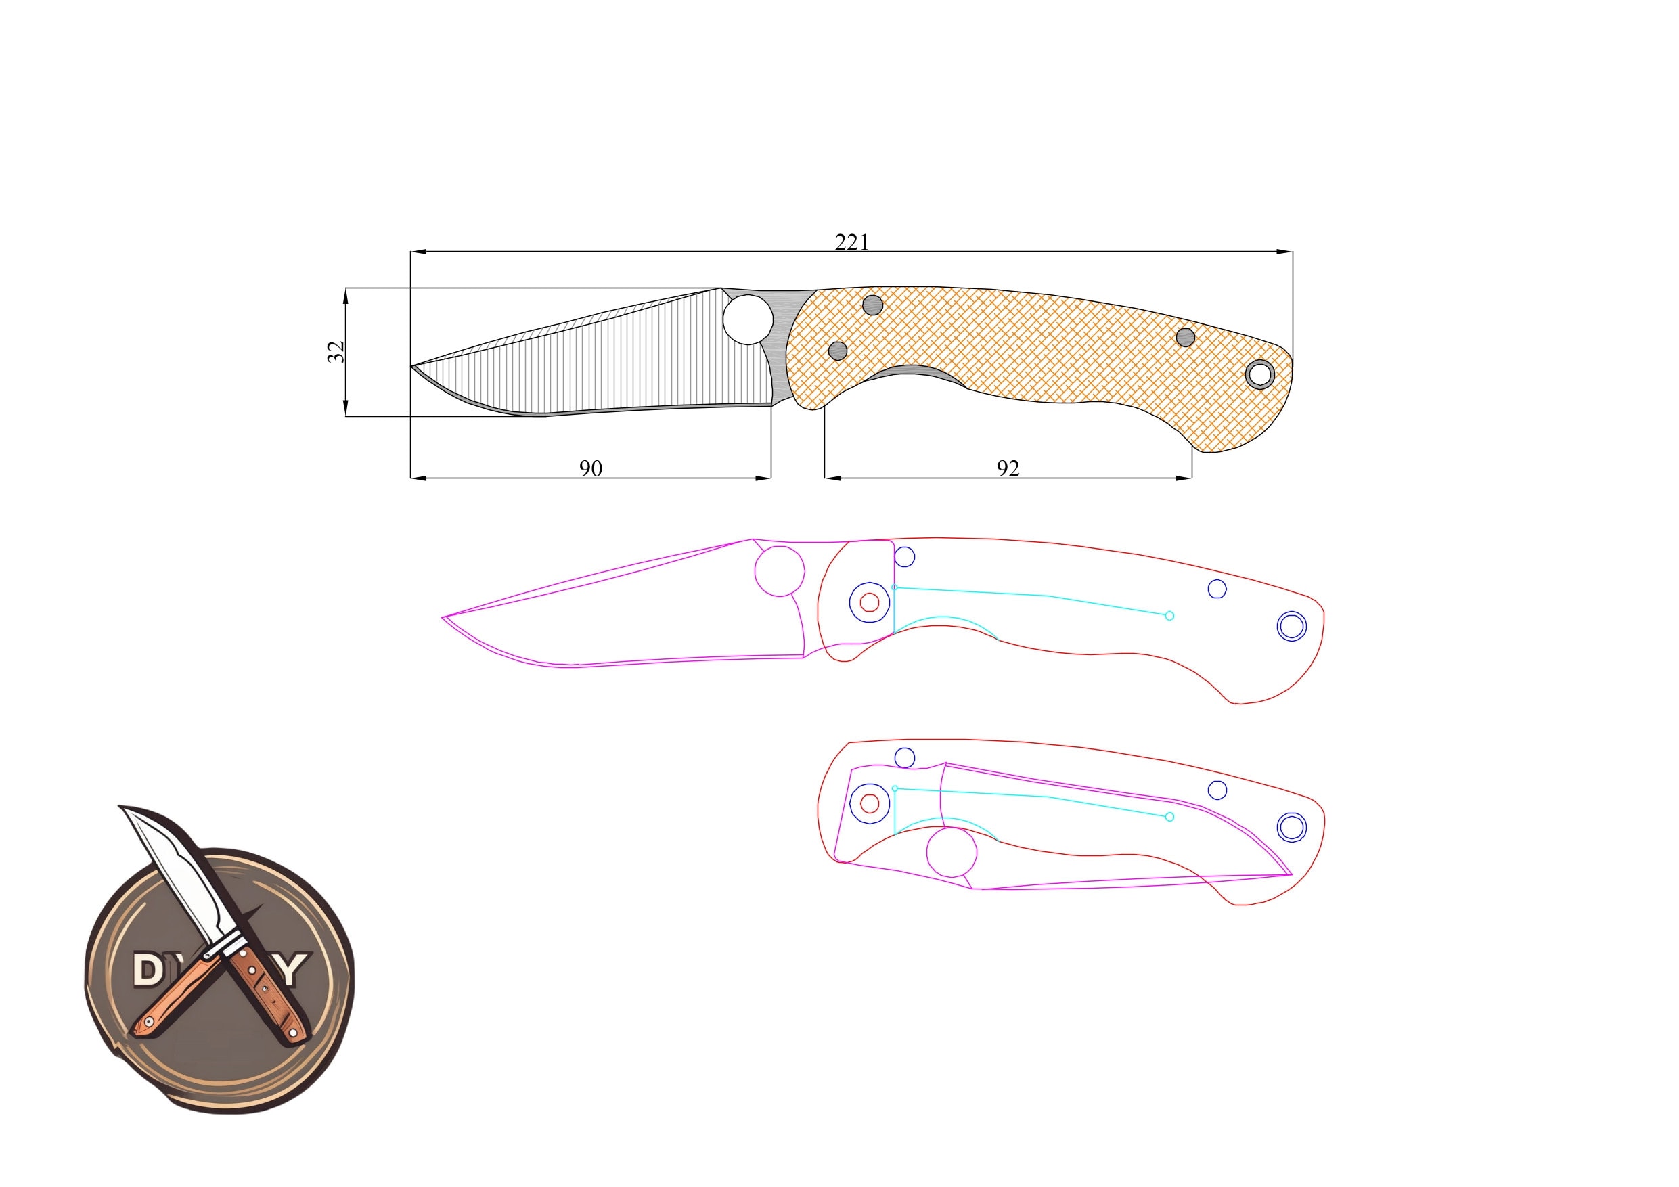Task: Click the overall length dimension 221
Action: (x=851, y=242)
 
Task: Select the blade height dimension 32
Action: (x=336, y=352)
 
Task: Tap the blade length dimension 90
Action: (x=590, y=468)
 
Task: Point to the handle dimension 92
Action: (x=1008, y=468)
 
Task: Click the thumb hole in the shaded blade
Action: (x=748, y=319)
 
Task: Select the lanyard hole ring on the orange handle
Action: (x=1259, y=374)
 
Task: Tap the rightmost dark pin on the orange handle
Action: (x=1186, y=337)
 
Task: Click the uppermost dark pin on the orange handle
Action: (x=873, y=305)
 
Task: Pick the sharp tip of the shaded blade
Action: (x=411, y=365)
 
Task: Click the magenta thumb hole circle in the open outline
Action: (x=780, y=570)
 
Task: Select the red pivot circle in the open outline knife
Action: (x=870, y=602)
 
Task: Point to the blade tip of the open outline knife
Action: (x=443, y=617)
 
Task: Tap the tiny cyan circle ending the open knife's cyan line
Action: (x=1169, y=616)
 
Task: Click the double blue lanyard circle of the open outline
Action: (x=1291, y=626)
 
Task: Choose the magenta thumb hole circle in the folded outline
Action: (x=952, y=853)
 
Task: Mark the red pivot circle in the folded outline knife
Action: (x=870, y=803)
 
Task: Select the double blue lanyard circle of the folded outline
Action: (x=1291, y=827)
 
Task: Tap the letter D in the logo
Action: (x=148, y=969)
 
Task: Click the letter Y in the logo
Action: (x=291, y=969)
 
